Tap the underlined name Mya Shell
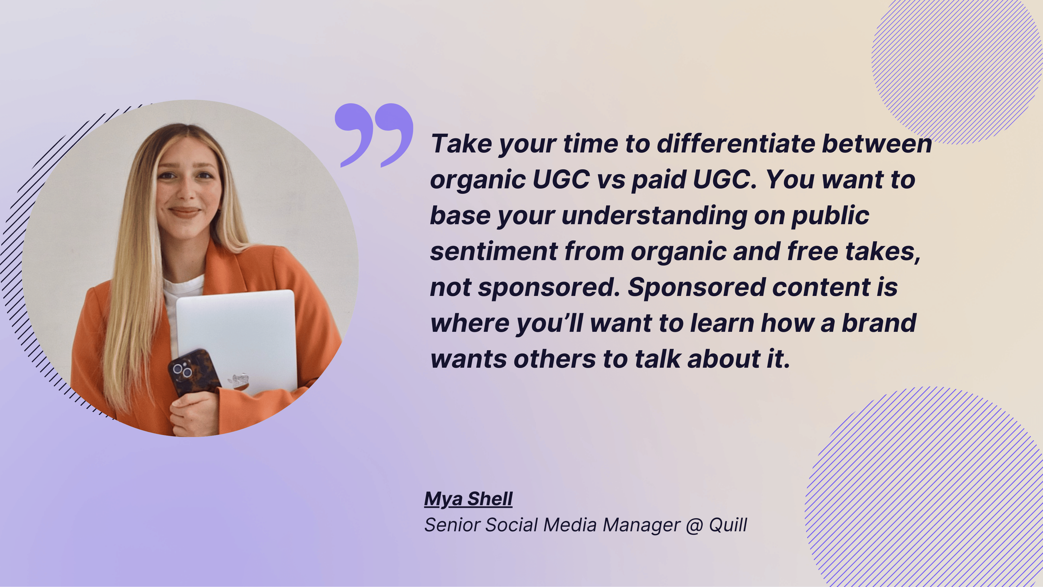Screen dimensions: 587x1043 [468, 499]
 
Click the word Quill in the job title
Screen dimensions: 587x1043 [728, 525]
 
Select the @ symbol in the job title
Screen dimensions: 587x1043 [694, 525]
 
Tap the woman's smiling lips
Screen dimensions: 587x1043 [185, 211]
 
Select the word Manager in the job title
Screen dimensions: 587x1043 [641, 525]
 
